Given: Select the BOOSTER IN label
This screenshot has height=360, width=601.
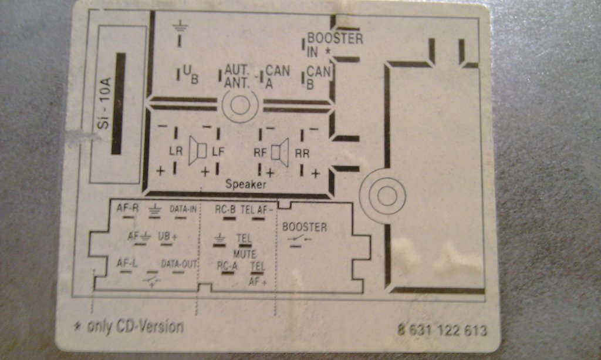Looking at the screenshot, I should tap(335, 45).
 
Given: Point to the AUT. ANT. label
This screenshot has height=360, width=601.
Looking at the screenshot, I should tap(237, 76).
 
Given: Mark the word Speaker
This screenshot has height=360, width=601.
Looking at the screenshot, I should tap(246, 184).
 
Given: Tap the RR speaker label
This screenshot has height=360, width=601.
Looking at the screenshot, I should tap(302, 153).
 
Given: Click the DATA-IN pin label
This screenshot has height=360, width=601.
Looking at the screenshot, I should tap(183, 208).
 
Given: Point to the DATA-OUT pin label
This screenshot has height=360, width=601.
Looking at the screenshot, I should tap(178, 264).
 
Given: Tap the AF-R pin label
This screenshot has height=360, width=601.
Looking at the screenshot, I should tap(127, 208).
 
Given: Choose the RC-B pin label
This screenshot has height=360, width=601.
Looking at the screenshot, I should tap(225, 208).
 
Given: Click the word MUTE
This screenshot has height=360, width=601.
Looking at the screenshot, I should tap(245, 254).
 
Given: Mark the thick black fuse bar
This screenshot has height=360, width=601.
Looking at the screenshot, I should tap(118, 103).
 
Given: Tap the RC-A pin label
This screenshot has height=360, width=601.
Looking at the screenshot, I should tap(227, 265).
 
